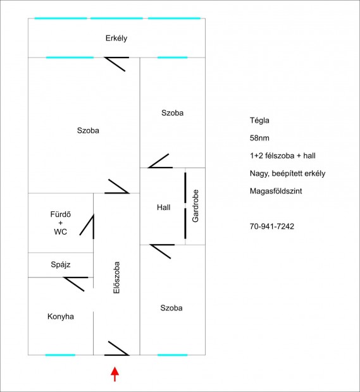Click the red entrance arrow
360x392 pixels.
[x=115, y=374]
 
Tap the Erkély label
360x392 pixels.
[x=116, y=38]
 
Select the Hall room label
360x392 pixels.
[x=164, y=207]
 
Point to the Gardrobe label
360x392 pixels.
[x=196, y=206]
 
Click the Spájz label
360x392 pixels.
[x=61, y=264]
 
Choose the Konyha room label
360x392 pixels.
[x=61, y=316]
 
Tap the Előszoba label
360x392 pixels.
[x=116, y=279]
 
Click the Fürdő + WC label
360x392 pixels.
[x=61, y=223]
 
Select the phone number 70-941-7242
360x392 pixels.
[x=272, y=226]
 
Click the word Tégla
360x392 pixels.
[x=259, y=119]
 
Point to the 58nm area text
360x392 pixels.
[x=259, y=137]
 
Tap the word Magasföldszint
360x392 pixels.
[x=276, y=190]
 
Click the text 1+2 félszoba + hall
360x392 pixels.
[x=282, y=155]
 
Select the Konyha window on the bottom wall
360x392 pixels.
[x=60, y=355]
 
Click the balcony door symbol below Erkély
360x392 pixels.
[x=118, y=63]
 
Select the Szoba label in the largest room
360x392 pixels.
[x=88, y=131]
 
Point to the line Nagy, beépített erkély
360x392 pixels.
[x=288, y=173]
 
